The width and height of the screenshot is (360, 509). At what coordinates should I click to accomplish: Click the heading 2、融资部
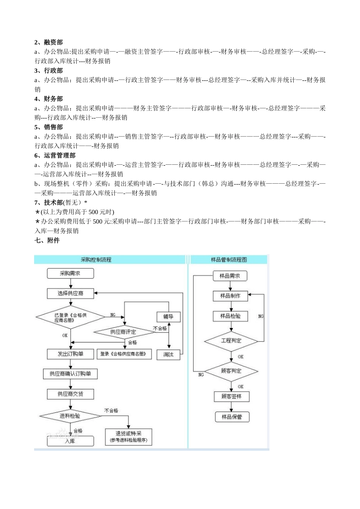49,42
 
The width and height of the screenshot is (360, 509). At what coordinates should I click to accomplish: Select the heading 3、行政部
49,71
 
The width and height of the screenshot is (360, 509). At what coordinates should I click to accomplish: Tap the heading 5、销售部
49,127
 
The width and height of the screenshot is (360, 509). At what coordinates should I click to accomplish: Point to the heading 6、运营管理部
55,156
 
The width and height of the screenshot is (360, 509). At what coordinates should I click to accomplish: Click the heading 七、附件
47,240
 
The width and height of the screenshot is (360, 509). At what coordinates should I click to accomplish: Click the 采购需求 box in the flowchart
70,273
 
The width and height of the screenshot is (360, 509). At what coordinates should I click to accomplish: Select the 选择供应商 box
70,294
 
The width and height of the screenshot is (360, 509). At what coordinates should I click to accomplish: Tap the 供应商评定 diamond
123,332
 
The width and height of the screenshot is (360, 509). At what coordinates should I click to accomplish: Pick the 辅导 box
168,317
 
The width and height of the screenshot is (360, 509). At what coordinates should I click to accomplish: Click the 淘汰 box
168,355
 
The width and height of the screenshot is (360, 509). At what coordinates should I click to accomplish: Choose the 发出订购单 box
70,354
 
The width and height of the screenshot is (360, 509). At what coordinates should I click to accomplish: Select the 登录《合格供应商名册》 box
124,354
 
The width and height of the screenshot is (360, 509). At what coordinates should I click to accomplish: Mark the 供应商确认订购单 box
70,374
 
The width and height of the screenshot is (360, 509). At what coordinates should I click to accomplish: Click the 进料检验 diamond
70,416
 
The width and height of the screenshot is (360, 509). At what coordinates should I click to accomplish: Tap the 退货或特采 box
128,437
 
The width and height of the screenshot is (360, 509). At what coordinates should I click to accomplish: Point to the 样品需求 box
230,276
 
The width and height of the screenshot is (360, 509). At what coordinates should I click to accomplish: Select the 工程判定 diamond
231,341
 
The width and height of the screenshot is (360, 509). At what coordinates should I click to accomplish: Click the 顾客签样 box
231,397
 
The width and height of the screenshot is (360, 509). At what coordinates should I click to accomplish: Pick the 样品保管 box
232,417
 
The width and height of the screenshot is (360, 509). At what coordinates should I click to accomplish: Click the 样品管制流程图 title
229,260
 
